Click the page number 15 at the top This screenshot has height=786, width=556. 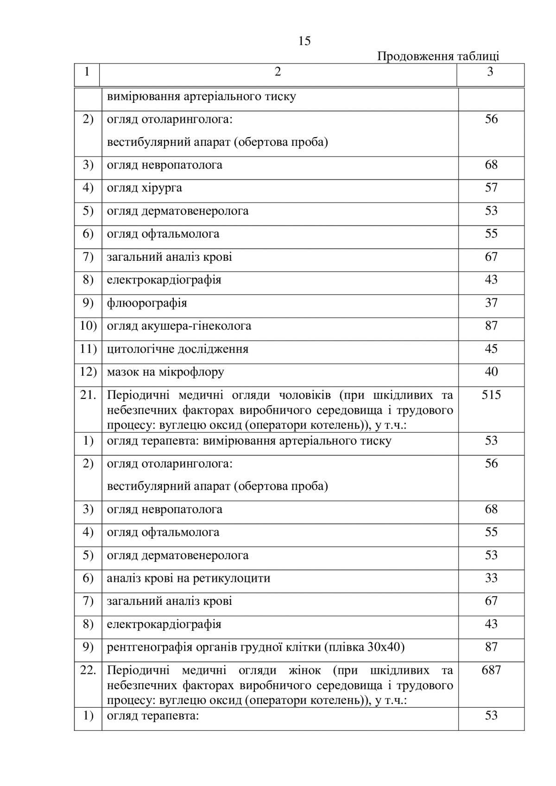[304, 41]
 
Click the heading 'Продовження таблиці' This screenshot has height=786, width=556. [438, 57]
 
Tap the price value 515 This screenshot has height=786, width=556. [491, 395]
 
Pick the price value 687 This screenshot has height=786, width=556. [491, 670]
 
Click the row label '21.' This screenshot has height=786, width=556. [88, 395]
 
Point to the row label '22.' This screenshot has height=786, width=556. [88, 670]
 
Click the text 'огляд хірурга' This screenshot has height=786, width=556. [145, 188]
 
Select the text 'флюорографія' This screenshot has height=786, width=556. [147, 303]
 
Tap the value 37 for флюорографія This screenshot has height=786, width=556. [491, 303]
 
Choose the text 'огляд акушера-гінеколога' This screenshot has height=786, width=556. [179, 326]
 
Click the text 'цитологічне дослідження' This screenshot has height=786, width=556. [177, 349]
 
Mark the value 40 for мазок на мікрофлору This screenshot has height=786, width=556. [491, 372]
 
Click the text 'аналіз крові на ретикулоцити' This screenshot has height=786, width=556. [189, 578]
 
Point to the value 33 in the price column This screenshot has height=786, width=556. [491, 578]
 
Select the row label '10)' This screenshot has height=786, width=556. [88, 326]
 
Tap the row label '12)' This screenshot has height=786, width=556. [88, 372]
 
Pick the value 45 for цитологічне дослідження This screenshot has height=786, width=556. [491, 349]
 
